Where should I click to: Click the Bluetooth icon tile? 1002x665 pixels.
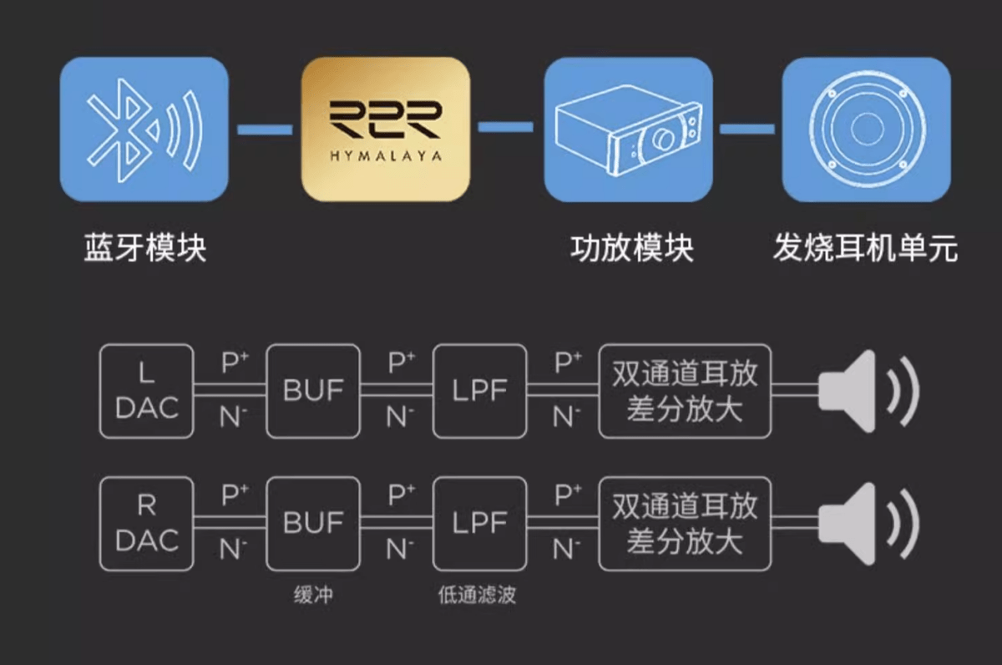pyautogui.click(x=144, y=129)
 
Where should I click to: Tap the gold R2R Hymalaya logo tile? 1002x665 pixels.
pyautogui.click(x=385, y=129)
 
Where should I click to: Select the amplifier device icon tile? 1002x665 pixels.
pyautogui.click(x=628, y=129)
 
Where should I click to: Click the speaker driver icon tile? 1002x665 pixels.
pyautogui.click(x=867, y=129)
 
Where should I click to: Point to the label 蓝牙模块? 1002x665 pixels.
pyautogui.click(x=144, y=249)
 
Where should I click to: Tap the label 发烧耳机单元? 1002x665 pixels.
pyautogui.click(x=865, y=249)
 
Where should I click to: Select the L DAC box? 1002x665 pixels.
pyautogui.click(x=146, y=391)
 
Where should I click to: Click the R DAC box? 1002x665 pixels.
pyautogui.click(x=146, y=524)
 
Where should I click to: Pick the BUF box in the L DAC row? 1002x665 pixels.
pyautogui.click(x=313, y=391)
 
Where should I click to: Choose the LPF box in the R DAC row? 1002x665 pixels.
pyautogui.click(x=480, y=524)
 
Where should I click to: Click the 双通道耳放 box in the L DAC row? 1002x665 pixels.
pyautogui.click(x=685, y=391)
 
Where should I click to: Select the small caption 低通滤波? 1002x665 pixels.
pyautogui.click(x=477, y=595)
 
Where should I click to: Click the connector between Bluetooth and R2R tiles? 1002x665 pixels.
pyautogui.click(x=265, y=129)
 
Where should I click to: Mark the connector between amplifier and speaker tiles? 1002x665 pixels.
pyautogui.click(x=747, y=129)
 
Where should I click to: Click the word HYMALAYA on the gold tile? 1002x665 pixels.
pyautogui.click(x=385, y=156)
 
